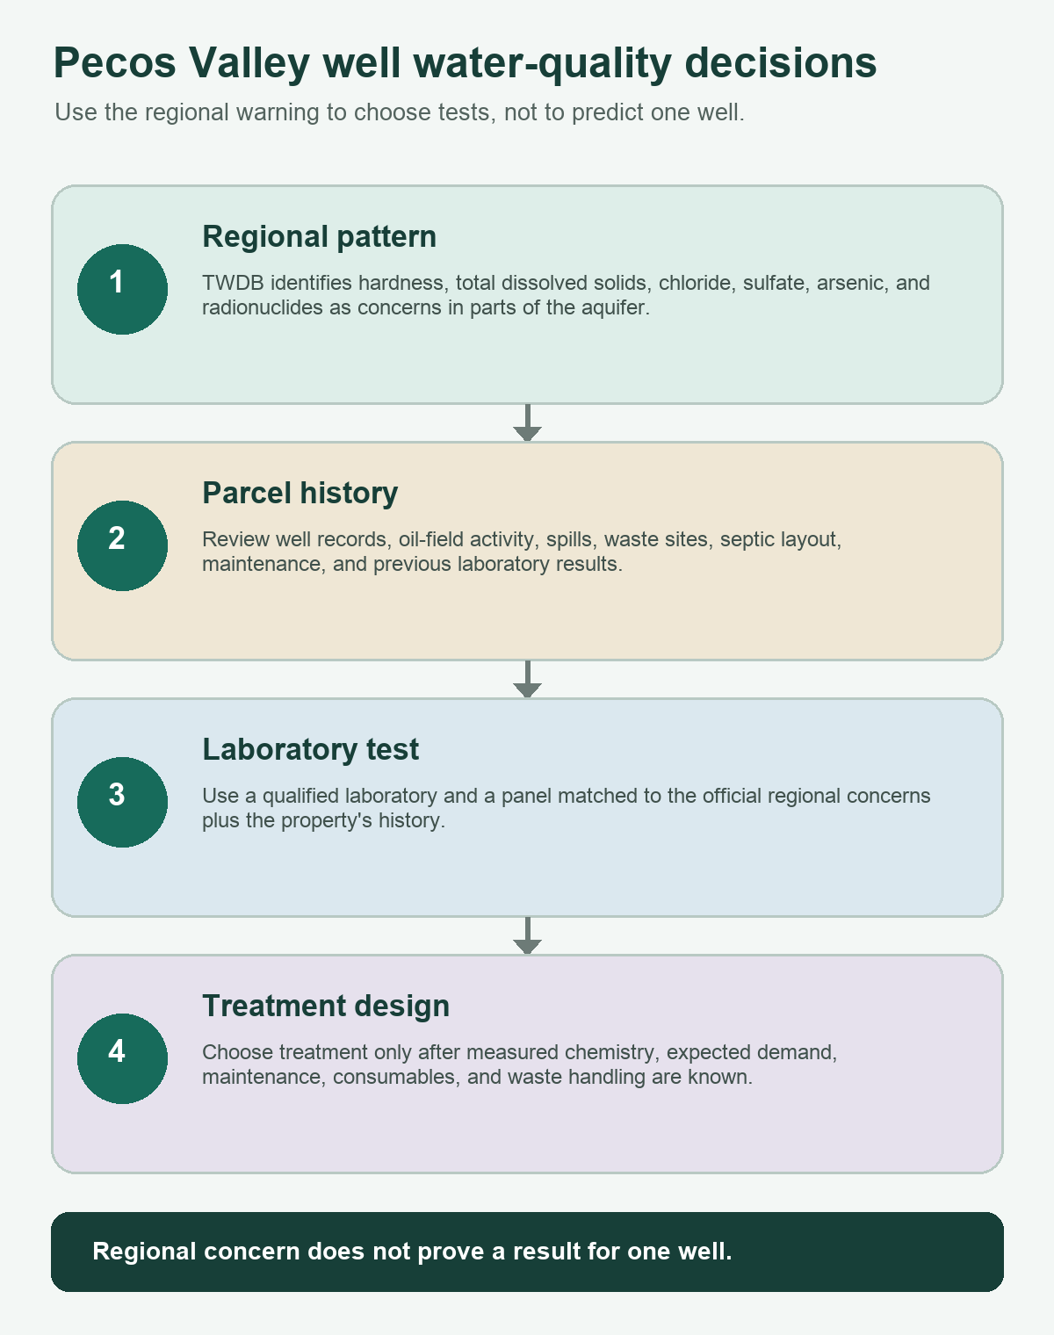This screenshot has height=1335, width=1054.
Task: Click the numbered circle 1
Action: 122,289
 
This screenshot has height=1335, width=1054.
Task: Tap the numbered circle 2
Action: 122,546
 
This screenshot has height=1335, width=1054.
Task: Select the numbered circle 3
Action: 122,802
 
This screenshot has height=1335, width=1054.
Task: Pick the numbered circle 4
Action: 122,1059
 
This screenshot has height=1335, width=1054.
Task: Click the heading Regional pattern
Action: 320,237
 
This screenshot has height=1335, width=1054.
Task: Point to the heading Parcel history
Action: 300,494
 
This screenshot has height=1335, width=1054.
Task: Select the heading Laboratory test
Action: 311,749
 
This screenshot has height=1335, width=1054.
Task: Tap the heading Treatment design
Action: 326,1007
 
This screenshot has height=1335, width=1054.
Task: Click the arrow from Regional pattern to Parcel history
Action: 527,423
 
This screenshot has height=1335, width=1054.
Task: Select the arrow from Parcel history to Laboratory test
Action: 527,679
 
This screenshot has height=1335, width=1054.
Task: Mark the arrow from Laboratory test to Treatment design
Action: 527,936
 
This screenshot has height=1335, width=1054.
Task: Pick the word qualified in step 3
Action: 300,796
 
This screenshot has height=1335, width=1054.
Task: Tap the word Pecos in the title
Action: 115,62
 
